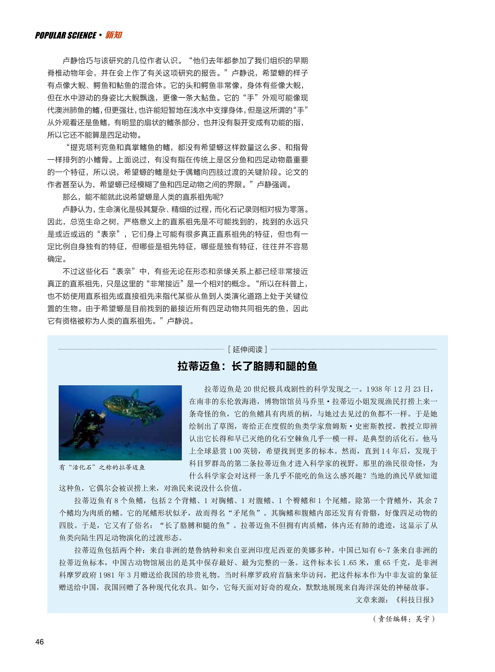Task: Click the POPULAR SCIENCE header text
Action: click(x=65, y=36)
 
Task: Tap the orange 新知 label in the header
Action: click(x=114, y=35)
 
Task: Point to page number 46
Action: click(x=40, y=642)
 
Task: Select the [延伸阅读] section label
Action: click(x=247, y=349)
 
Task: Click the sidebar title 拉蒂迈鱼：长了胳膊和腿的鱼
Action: click(x=247, y=366)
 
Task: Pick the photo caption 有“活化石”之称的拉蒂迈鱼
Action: click(x=102, y=467)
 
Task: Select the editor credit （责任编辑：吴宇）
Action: click(x=404, y=619)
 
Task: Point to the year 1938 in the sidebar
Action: click(x=374, y=389)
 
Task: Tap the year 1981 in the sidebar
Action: click(x=107, y=575)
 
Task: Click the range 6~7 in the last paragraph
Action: click(x=385, y=550)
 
